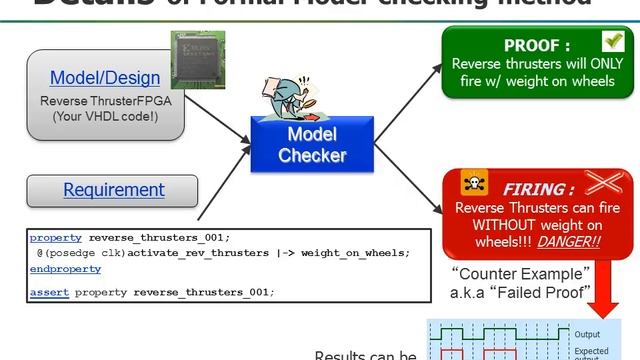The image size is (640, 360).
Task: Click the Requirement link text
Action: tap(113, 189)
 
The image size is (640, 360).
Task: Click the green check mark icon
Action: tap(613, 41)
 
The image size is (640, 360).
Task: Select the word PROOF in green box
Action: tap(537, 45)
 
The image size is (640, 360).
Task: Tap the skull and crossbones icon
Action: tap(473, 184)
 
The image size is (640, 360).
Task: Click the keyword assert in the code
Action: tap(49, 292)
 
